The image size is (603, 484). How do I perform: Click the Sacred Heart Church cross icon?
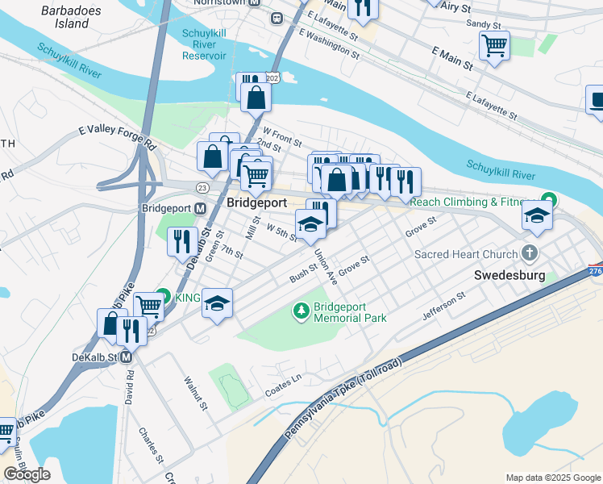[x=530, y=253]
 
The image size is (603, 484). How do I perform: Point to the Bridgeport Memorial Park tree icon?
[x=301, y=309]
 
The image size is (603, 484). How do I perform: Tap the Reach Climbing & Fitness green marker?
[x=550, y=200]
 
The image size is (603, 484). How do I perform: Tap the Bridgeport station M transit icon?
[x=200, y=208]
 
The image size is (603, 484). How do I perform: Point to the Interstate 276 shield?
[x=594, y=272]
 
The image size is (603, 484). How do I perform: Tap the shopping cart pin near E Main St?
[x=494, y=44]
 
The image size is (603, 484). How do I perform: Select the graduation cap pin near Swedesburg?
[x=537, y=215]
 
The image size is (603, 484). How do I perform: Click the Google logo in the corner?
[x=27, y=474]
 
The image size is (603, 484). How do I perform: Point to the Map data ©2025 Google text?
[x=553, y=478]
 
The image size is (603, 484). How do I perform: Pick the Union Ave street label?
[x=326, y=264]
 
